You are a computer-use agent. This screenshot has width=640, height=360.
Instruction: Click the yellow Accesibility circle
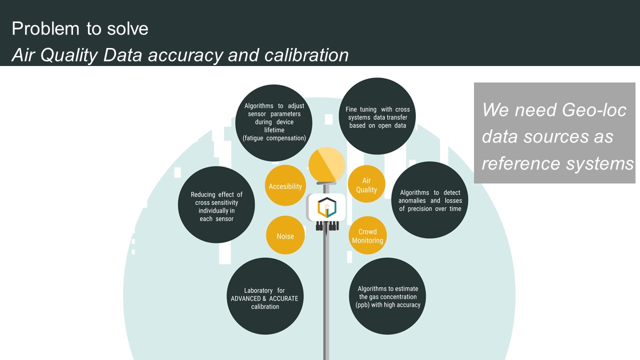(285, 186)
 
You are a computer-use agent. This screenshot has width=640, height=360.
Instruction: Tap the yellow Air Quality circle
(366, 184)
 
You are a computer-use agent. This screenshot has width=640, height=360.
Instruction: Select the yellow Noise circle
(285, 236)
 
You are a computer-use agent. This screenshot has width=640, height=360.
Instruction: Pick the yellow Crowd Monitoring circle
(367, 235)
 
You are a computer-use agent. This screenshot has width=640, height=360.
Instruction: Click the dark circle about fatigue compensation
(274, 122)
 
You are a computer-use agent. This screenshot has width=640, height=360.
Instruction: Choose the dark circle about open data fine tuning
(377, 116)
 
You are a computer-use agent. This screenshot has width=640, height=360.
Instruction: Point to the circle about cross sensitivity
(216, 205)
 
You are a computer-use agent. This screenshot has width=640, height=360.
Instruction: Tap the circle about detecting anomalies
(429, 200)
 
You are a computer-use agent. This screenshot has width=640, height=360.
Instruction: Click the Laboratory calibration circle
(265, 296)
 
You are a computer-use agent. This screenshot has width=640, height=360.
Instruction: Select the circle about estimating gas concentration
(387, 296)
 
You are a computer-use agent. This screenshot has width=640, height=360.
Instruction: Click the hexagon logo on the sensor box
(327, 207)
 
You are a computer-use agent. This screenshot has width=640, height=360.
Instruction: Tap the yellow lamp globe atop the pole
(327, 164)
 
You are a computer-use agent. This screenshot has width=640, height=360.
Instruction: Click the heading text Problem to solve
(80, 28)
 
